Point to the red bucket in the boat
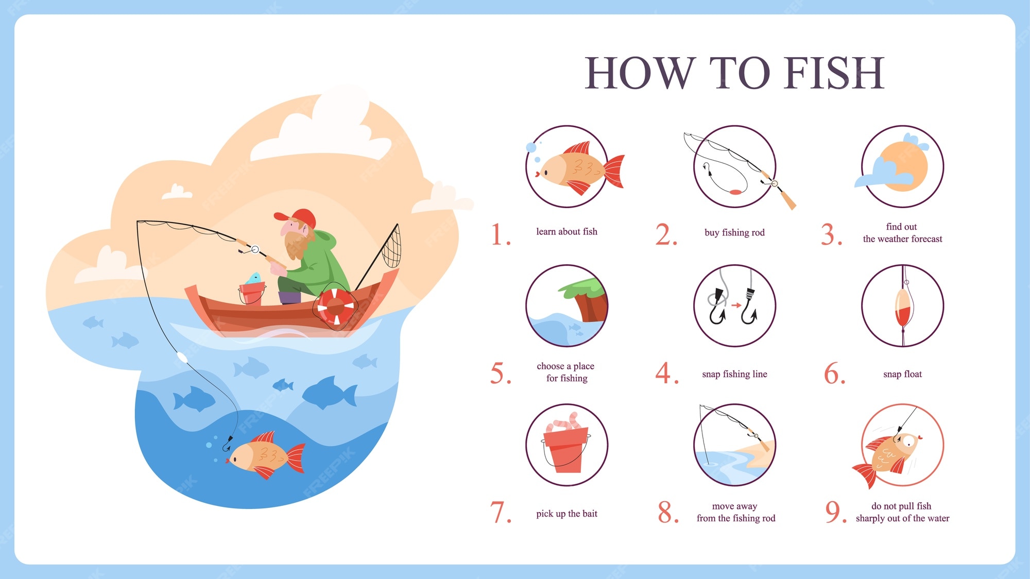pos(252,293)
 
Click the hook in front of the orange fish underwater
pos(227,444)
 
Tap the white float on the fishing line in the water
pos(181,357)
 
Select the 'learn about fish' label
pos(566,232)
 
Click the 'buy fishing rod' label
pos(734,232)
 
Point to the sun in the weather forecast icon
pos(904,166)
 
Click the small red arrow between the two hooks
pos(736,305)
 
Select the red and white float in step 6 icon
pos(903,309)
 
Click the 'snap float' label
pos(902,374)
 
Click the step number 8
pos(668,512)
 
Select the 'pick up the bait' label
pos(566,514)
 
